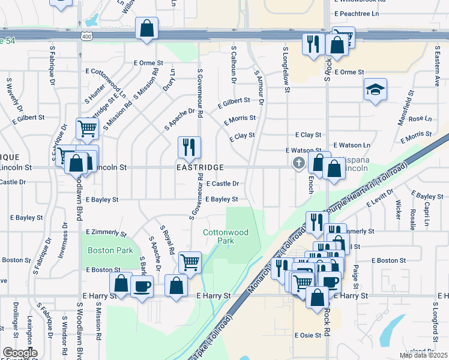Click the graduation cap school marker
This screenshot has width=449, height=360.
click(x=375, y=91)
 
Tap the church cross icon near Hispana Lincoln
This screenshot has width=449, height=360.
click(x=298, y=163)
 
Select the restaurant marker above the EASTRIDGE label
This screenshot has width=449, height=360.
click(x=189, y=147)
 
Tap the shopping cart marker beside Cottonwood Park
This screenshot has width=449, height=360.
click(x=190, y=262)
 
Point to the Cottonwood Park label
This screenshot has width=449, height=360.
click(x=218, y=236)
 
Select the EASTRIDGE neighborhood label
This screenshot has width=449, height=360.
click(x=200, y=167)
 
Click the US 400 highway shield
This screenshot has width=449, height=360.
click(x=87, y=37)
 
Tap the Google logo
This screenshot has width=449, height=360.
click(x=20, y=353)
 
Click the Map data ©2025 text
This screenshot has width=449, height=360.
click(x=423, y=355)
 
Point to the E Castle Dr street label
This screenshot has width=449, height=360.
click(x=223, y=184)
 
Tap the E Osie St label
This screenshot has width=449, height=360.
click(x=307, y=335)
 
